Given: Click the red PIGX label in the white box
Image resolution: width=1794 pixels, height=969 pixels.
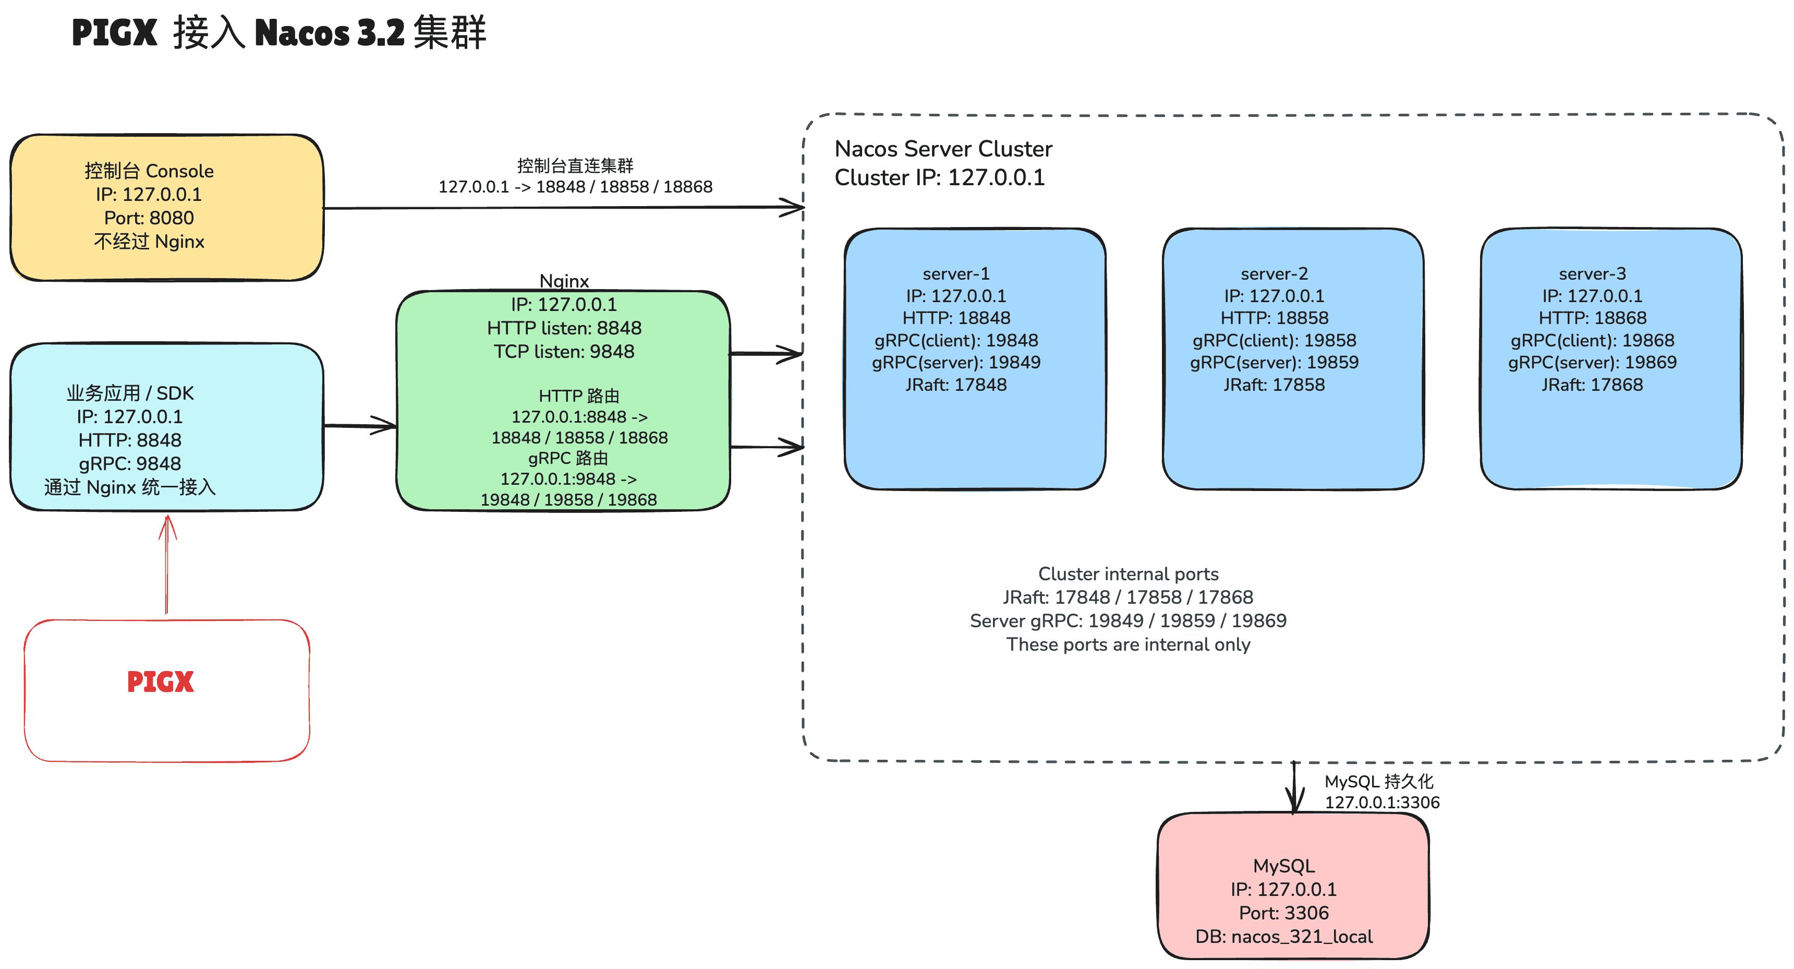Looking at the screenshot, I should coord(160,681).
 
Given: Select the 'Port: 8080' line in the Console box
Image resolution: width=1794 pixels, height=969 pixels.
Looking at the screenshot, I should coord(149,218).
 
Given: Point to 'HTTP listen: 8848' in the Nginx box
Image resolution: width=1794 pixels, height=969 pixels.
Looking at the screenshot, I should coord(564,328).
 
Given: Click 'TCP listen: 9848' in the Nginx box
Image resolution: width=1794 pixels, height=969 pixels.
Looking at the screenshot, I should coord(564,352).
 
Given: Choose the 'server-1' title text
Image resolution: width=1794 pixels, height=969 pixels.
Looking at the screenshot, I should coord(955,274).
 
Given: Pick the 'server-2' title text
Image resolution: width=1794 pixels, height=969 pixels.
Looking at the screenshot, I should coord(1274,274).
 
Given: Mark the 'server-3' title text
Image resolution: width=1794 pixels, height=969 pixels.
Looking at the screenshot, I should coord(1592,274).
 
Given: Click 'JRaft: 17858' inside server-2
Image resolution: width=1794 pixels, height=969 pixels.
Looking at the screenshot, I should coord(1274,385).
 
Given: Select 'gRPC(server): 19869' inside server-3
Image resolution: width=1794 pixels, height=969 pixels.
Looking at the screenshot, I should coord(1592,362).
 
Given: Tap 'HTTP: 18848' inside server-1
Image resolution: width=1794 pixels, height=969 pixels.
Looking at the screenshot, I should coord(955,318).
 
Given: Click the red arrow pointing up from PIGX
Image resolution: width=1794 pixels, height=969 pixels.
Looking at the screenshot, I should coord(166,564).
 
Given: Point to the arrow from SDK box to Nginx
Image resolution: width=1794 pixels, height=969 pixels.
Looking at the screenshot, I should coord(360,426).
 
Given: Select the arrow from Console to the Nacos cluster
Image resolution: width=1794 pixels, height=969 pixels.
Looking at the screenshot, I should coord(557,208).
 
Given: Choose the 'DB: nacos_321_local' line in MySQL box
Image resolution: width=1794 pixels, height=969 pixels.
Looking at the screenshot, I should coord(1283,936).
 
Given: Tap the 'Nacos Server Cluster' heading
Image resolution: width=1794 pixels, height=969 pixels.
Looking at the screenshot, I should coord(943,149).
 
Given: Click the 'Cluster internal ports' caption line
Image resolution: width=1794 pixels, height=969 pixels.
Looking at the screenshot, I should coord(1128,574).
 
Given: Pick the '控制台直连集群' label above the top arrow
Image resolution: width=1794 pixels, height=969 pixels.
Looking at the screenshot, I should coord(575,166).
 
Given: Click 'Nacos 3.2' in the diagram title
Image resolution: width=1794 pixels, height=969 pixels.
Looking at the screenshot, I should coord(330,33).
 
